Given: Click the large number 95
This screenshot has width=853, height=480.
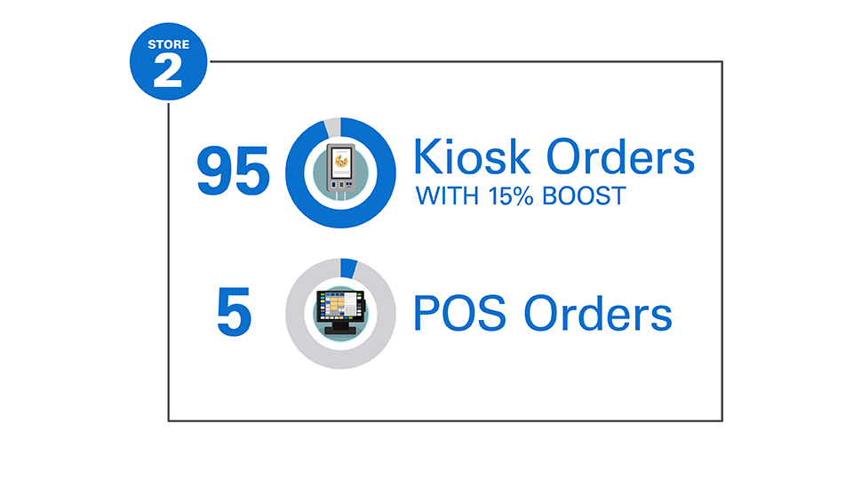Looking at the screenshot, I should [x=233, y=172].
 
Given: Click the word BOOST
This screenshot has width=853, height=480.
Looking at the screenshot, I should [x=587, y=196].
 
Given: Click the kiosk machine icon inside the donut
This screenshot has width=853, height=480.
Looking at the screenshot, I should [x=341, y=171].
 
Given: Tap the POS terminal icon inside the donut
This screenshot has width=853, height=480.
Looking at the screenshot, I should [x=341, y=311].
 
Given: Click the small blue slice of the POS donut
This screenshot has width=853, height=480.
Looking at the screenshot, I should [x=349, y=268].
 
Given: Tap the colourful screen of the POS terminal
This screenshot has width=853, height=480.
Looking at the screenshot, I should [x=338, y=307].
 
